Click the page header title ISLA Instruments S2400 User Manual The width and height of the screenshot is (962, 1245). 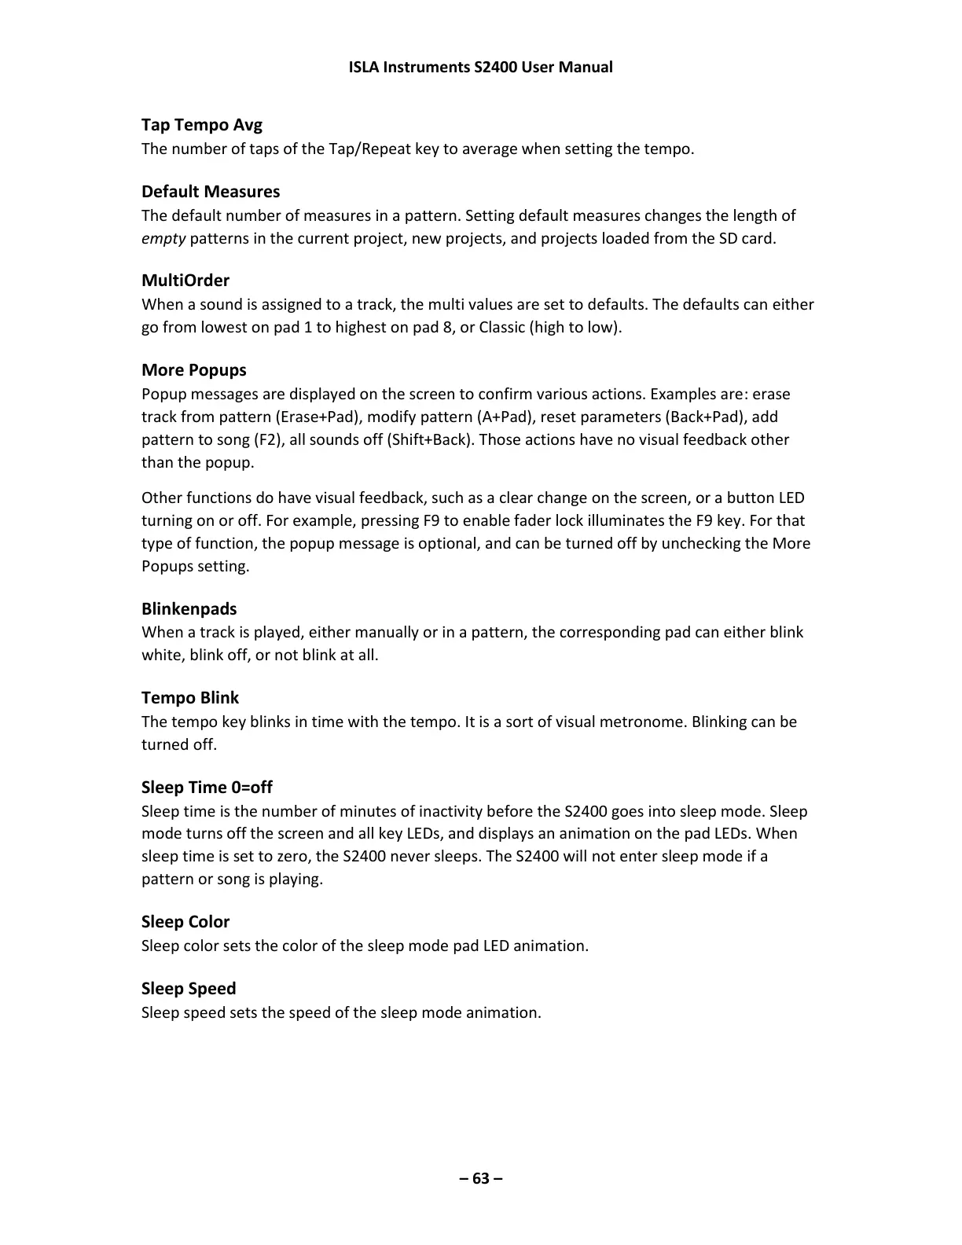[480, 67]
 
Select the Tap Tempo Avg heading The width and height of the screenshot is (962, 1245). [202, 125]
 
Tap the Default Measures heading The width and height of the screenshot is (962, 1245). [211, 192]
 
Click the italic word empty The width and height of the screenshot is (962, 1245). [163, 238]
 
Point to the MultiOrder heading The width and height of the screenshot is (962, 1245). [185, 281]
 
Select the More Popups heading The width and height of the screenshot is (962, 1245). [194, 370]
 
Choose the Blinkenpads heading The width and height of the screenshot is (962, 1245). [189, 609]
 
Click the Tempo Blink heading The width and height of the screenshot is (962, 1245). [190, 698]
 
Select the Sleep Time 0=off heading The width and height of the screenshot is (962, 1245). [207, 788]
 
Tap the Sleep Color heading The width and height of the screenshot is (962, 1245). [185, 922]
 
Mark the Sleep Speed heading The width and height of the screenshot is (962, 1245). [189, 989]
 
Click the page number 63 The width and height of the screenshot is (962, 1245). [481, 1178]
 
